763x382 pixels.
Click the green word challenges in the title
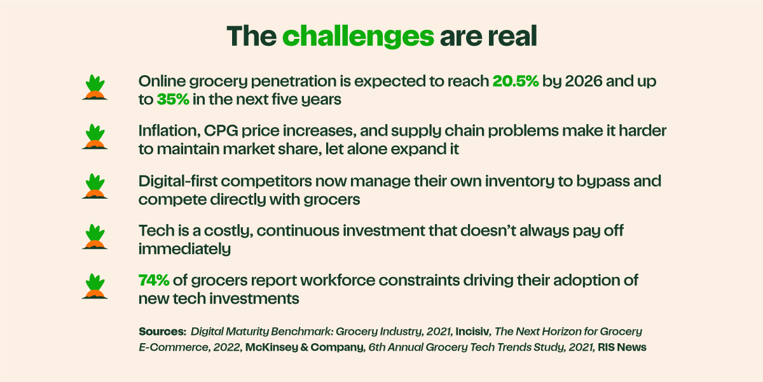click(357, 36)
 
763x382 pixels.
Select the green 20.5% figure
click(516, 81)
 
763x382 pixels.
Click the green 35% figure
click(174, 99)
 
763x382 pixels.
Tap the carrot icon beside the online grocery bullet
click(95, 87)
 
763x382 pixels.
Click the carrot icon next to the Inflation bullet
click(95, 137)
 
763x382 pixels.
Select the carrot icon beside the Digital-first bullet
click(95, 186)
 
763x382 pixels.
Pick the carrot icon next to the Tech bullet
click(95, 236)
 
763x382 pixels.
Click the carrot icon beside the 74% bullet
click(95, 286)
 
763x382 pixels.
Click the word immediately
click(184, 249)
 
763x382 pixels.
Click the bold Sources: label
click(162, 332)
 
